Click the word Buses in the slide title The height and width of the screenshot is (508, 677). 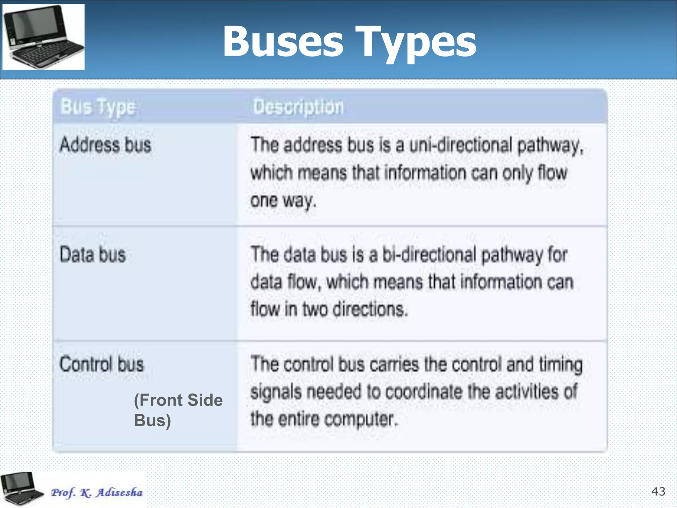(x=283, y=42)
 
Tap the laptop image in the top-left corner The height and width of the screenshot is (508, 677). (x=43, y=37)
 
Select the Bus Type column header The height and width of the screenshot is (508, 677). (x=98, y=107)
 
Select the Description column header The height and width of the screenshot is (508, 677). (x=298, y=107)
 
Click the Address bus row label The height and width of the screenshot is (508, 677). (x=105, y=145)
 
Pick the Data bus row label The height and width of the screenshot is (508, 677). (x=93, y=255)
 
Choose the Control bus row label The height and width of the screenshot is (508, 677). (x=101, y=364)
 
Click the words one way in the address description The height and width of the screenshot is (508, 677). (x=283, y=200)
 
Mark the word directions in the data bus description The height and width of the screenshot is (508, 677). (x=370, y=309)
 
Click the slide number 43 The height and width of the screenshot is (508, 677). (x=658, y=491)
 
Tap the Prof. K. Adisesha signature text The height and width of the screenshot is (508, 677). (x=97, y=492)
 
